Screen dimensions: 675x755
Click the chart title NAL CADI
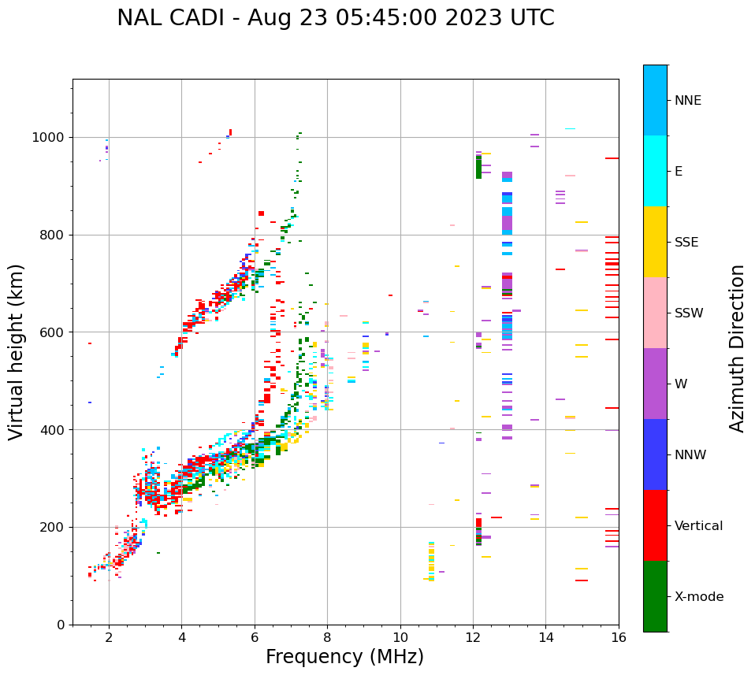coord(335,18)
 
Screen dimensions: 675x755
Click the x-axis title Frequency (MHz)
coord(344,657)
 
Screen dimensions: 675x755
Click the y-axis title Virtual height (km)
coord(17,351)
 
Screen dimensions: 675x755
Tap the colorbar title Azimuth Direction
coord(737,348)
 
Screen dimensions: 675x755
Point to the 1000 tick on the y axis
coord(51,138)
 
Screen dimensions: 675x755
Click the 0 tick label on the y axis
coord(61,625)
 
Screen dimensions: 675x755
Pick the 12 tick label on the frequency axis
coord(473,638)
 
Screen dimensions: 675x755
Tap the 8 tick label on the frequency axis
coord(327,638)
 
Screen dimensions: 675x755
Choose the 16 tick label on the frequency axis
coord(619,638)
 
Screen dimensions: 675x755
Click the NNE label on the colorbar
coord(687,101)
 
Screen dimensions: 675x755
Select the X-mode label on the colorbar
coord(699,597)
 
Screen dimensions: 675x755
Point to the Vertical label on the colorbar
coord(698,526)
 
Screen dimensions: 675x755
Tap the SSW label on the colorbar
coord(689,313)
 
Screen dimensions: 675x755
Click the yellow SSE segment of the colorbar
coord(655,242)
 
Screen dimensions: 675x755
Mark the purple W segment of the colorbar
coord(655,384)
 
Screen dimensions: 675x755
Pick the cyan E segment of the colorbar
coord(655,171)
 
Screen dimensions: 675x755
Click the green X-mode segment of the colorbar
coord(655,596)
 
